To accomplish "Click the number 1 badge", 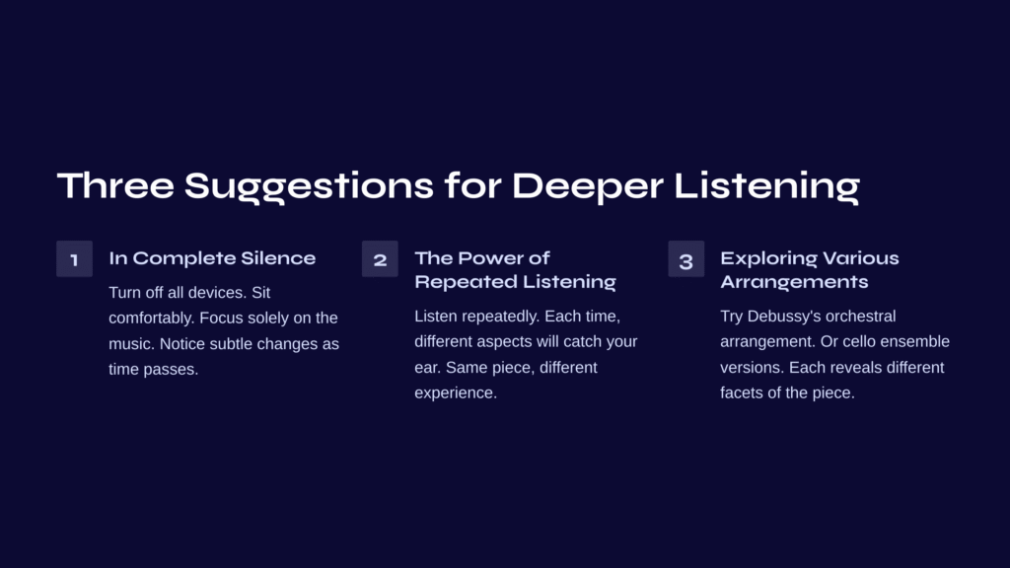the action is [74, 259].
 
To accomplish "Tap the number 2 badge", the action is [380, 259].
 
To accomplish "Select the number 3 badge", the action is [686, 259].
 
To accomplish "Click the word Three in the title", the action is [115, 185].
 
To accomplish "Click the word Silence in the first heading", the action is [278, 258].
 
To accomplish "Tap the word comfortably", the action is [151, 319].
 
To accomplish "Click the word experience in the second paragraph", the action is [456, 392].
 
